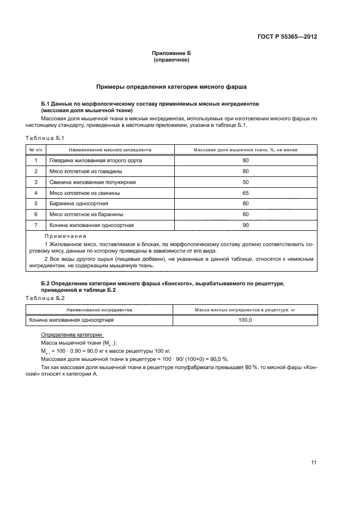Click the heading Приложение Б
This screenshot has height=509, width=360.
point(171,53)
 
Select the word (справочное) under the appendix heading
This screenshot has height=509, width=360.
point(171,60)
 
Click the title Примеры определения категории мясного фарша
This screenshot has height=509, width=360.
point(171,86)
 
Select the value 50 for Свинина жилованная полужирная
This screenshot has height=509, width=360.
point(246,182)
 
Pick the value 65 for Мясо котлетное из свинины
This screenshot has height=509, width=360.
point(246,193)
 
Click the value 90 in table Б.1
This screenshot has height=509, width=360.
point(246,225)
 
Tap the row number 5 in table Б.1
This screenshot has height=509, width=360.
point(35,204)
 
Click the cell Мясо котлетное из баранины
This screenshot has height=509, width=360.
point(86,214)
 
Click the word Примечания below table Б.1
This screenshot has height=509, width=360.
point(65,236)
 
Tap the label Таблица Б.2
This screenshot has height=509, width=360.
point(45,298)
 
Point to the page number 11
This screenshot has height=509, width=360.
point(313,463)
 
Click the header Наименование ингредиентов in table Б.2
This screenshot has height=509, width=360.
point(100,310)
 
